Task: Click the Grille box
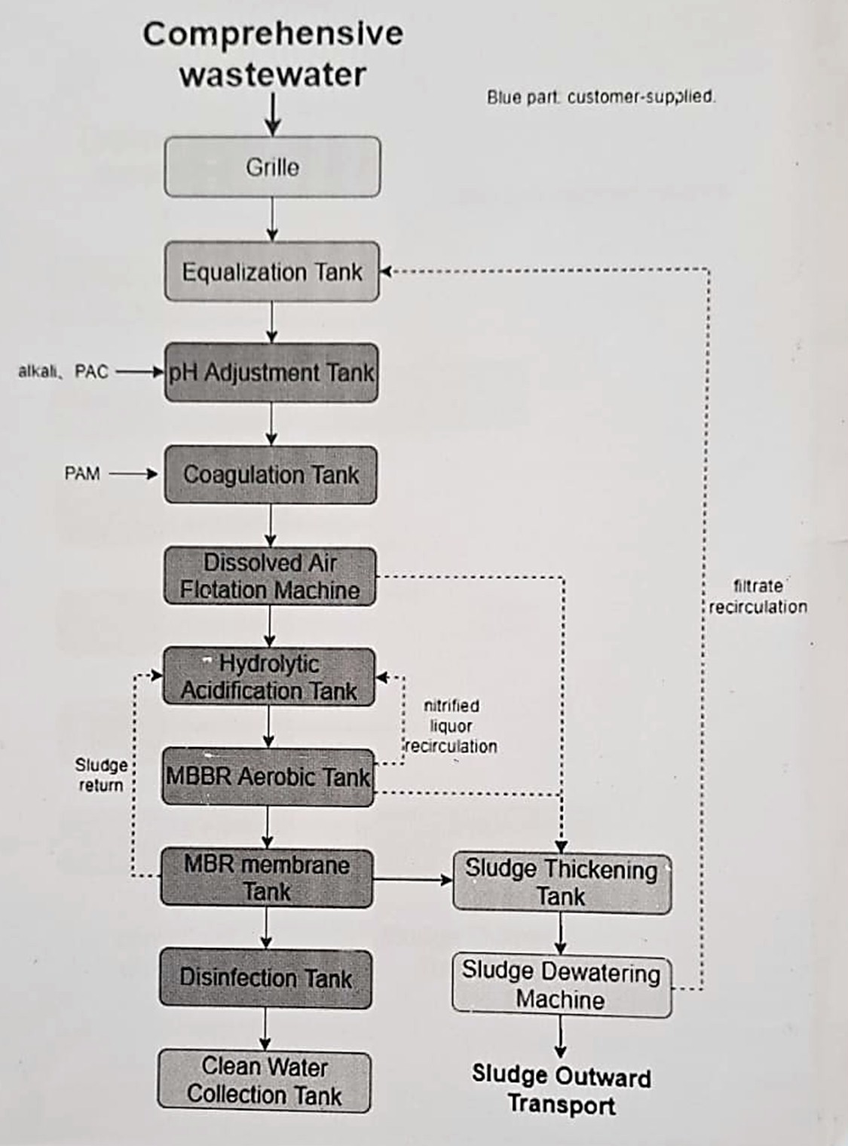coord(272,167)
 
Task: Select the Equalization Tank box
coord(272,271)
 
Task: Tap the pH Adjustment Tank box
coord(271,372)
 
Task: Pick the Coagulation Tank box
coord(271,475)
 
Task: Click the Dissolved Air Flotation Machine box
coord(270,577)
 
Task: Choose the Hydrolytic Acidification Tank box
coord(269,677)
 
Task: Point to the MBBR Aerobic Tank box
coord(268,777)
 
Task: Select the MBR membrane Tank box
coord(266,878)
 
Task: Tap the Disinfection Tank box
coord(265,979)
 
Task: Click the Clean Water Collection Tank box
coord(265,1081)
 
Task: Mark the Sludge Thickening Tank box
coord(562,883)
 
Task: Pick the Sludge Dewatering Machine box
coord(561,985)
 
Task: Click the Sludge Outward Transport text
coord(562,1090)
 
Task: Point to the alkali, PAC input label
coord(63,372)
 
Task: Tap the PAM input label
coord(82,474)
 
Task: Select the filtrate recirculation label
coord(758,596)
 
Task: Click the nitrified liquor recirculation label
coord(452,726)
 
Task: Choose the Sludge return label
coord(101,775)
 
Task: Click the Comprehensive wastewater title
coord(273,54)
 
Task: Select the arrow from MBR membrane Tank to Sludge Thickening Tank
coord(412,879)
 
